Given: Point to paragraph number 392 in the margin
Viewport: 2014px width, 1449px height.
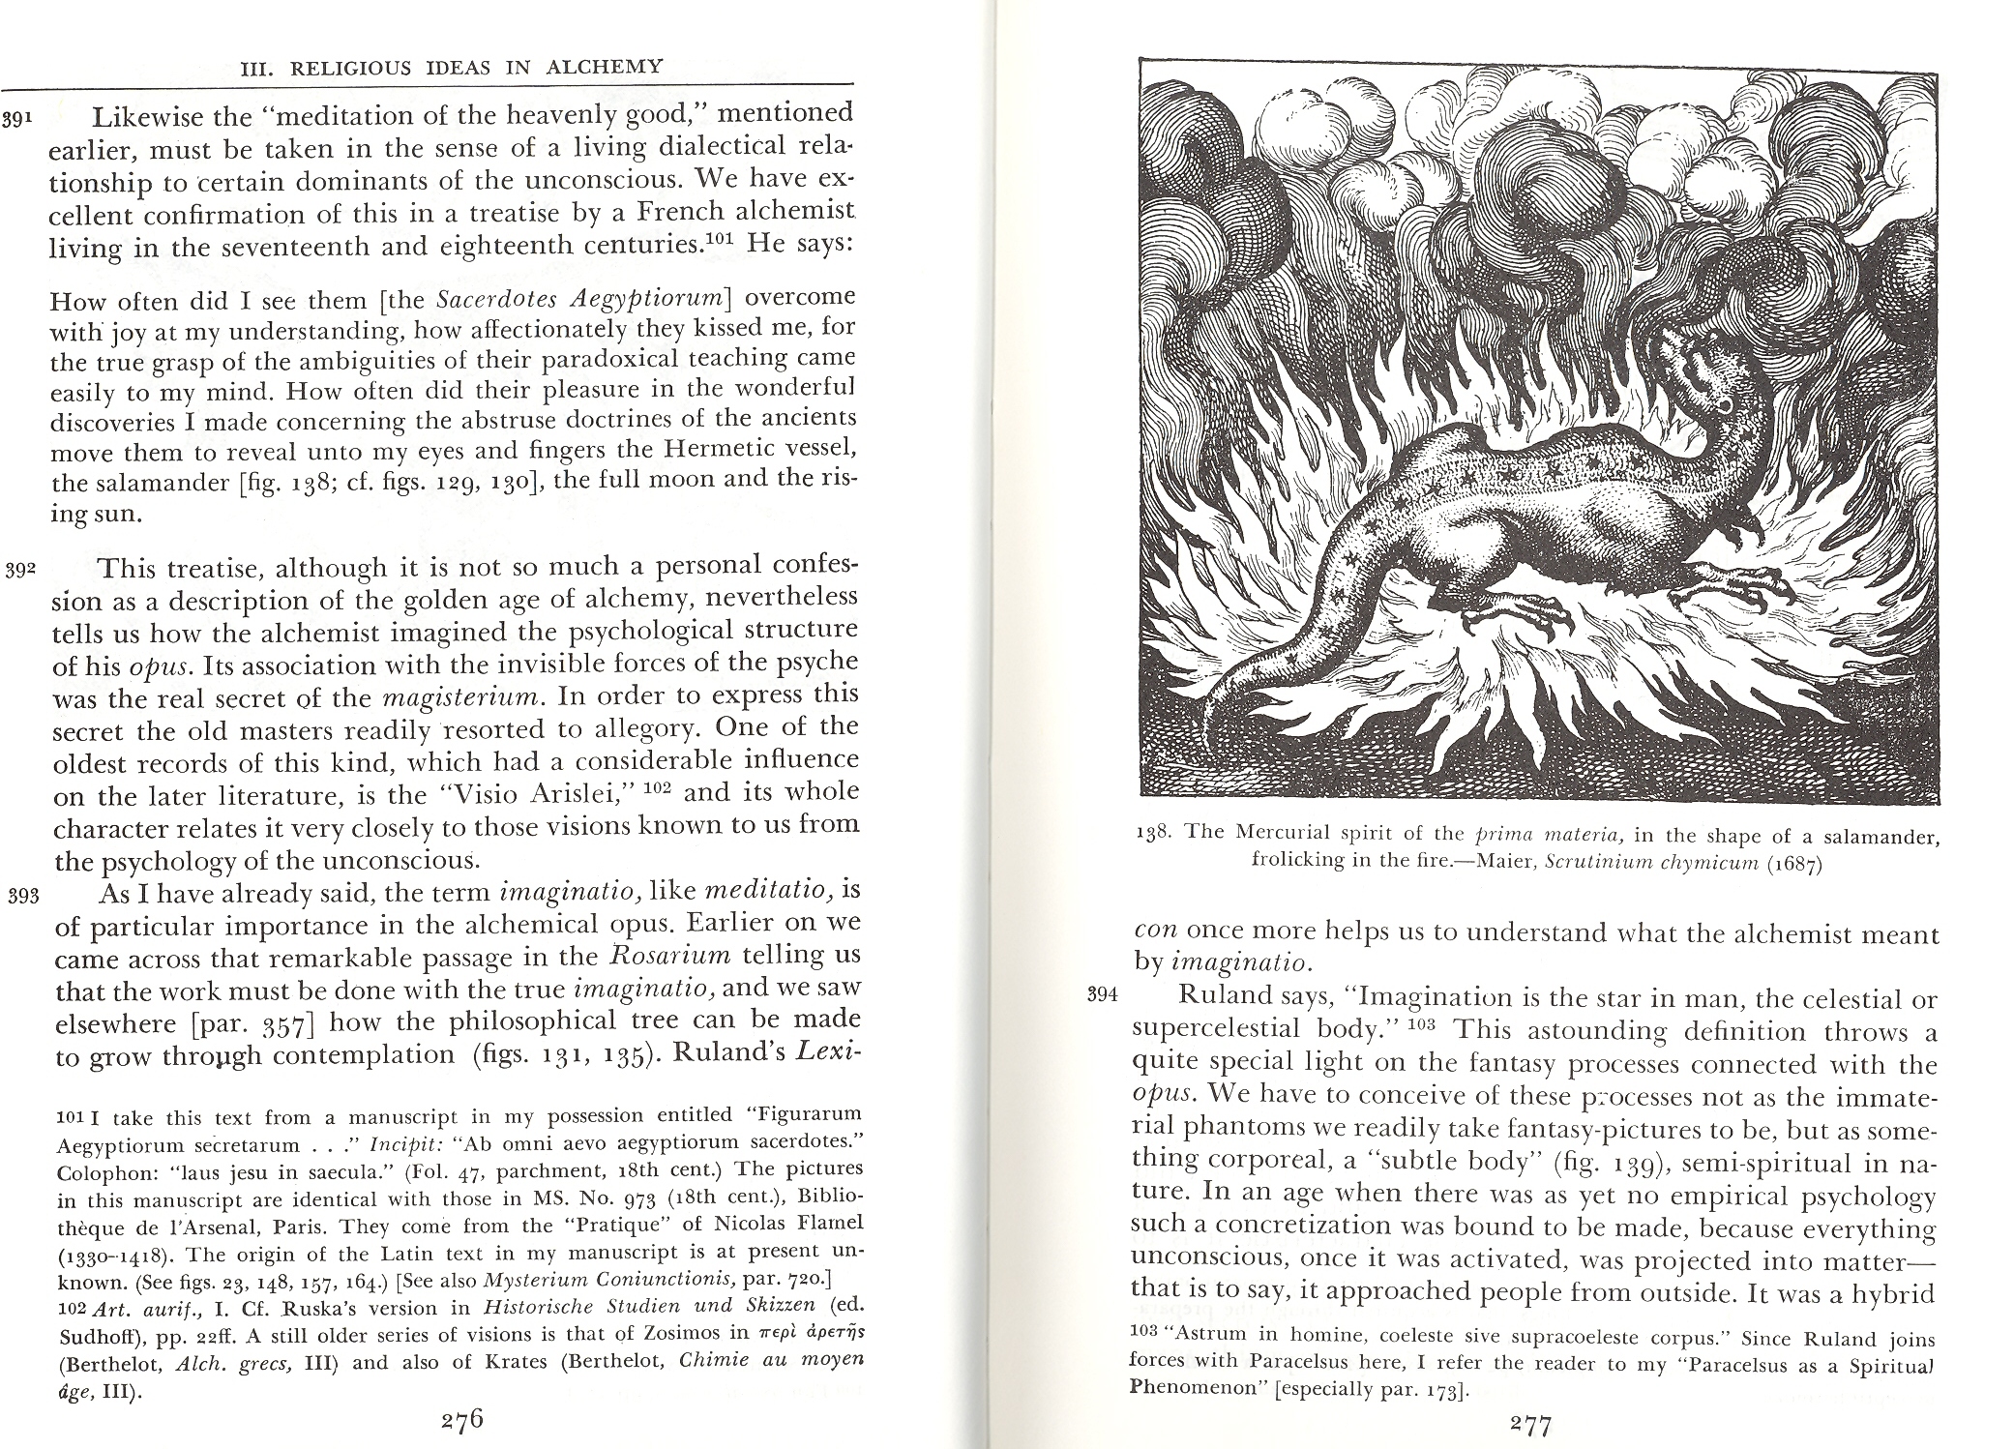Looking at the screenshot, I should pos(19,570).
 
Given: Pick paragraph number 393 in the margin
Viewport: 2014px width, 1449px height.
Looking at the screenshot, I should pos(21,895).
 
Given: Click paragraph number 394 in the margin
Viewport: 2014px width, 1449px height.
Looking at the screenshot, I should pos(1103,994).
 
